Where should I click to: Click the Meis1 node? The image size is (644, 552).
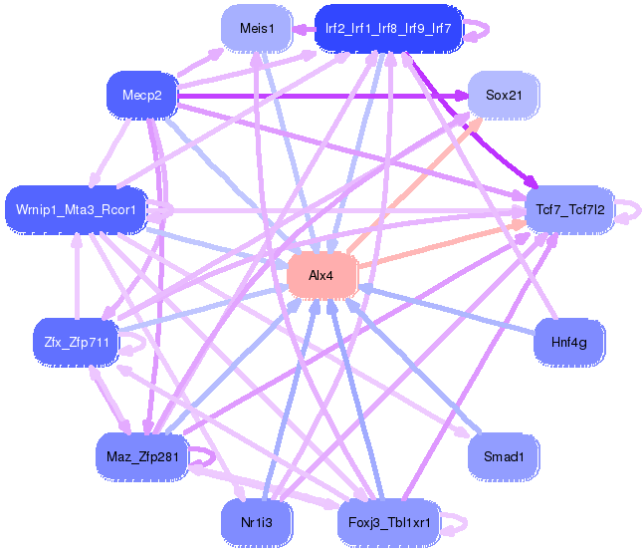[258, 29]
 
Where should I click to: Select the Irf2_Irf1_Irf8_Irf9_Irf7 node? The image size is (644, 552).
[388, 29]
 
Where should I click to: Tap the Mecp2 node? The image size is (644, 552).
[141, 96]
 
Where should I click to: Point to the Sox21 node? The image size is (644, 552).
[503, 96]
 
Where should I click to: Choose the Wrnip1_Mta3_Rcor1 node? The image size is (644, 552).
[77, 209]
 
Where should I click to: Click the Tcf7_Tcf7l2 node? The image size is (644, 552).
[570, 209]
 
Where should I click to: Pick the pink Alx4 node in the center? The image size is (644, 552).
[321, 275]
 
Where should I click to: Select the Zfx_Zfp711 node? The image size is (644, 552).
[77, 342]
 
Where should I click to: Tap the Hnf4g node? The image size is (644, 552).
[569, 342]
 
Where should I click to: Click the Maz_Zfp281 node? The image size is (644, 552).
[141, 456]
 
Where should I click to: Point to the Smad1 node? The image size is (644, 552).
[503, 456]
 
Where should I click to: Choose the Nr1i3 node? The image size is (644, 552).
[258, 521]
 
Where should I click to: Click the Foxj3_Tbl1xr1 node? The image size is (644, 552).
[388, 521]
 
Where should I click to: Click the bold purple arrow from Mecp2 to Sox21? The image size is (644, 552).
[319, 96]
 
